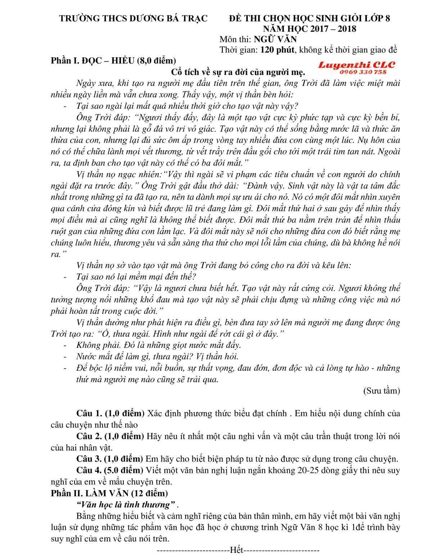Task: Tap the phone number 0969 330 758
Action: tap(363, 72)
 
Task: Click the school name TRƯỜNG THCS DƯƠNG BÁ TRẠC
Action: tap(134, 18)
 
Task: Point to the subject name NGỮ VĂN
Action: tap(275, 39)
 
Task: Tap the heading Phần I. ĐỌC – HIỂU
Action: tap(93, 60)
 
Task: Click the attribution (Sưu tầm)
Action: tap(381, 391)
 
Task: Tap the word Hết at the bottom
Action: tap(237, 550)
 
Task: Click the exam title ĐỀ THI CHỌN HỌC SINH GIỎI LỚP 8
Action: tap(309, 18)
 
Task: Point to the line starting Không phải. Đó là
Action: tap(158, 345)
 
